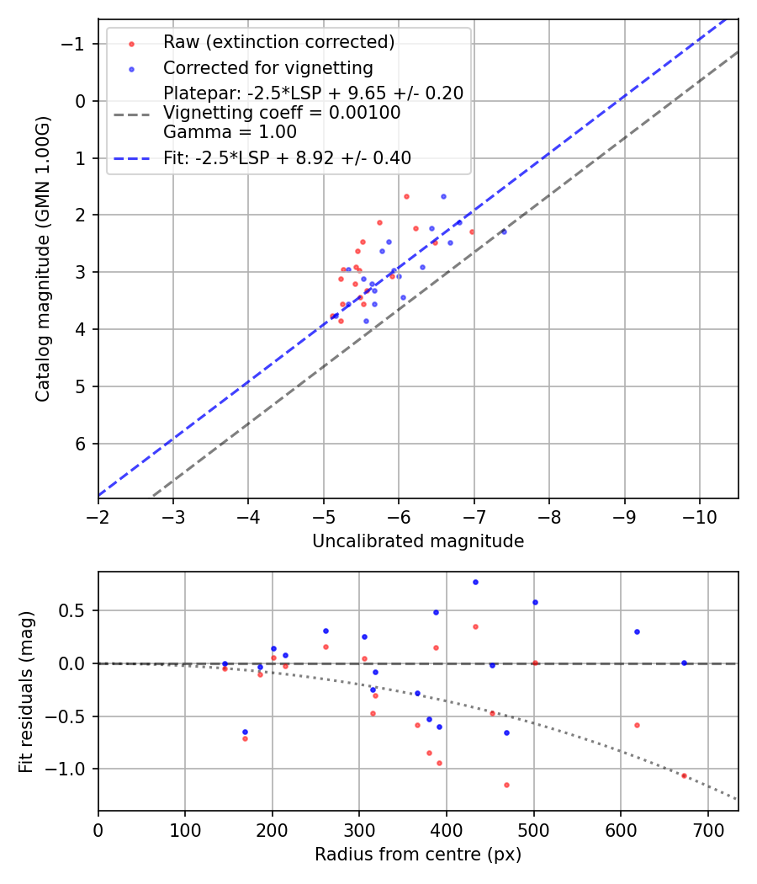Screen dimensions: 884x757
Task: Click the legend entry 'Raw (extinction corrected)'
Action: [x=278, y=42]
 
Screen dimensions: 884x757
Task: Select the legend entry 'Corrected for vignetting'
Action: [x=267, y=67]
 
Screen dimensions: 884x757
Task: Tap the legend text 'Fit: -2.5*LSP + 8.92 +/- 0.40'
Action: [x=287, y=157]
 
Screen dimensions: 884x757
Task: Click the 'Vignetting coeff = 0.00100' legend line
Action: [x=282, y=113]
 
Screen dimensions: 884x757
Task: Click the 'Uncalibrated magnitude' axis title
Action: [x=418, y=541]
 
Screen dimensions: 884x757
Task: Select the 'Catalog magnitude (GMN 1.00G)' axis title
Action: [x=44, y=258]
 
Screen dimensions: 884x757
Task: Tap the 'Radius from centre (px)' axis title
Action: [x=418, y=855]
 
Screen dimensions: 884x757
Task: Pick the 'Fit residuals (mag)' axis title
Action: [x=27, y=691]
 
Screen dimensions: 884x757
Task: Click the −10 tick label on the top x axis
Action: [x=700, y=515]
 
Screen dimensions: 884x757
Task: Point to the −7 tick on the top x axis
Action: [x=474, y=515]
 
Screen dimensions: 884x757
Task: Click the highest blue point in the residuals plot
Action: [x=475, y=582]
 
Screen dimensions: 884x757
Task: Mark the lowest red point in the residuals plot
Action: [x=506, y=785]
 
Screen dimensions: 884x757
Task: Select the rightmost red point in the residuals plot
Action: [x=684, y=775]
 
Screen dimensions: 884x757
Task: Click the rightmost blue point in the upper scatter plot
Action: [x=504, y=231]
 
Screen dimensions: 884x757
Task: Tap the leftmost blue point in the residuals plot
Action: [x=225, y=663]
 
